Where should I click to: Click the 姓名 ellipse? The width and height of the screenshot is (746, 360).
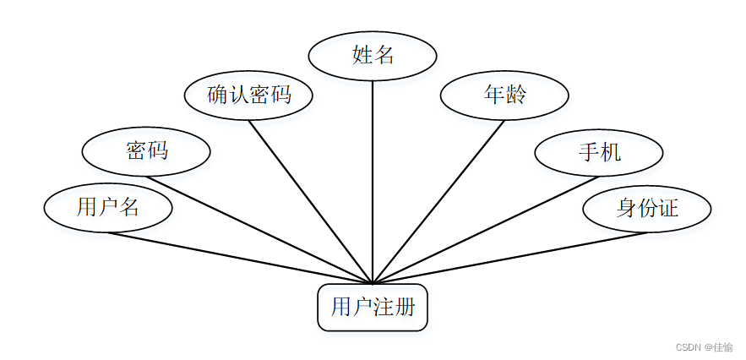click(x=373, y=56)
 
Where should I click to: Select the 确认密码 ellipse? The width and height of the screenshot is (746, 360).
click(x=248, y=95)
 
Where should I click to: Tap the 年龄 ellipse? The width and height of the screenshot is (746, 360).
click(x=504, y=94)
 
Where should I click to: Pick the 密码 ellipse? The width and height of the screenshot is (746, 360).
click(x=146, y=151)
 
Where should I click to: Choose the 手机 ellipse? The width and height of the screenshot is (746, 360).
click(x=599, y=152)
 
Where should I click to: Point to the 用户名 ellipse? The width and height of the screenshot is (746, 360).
click(x=107, y=207)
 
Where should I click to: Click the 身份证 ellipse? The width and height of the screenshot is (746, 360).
click(x=647, y=207)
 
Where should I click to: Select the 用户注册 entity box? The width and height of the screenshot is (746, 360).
click(x=373, y=307)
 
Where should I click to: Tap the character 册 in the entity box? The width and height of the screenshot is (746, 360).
click(x=406, y=307)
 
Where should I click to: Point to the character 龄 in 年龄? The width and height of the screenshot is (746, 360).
click(x=515, y=94)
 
